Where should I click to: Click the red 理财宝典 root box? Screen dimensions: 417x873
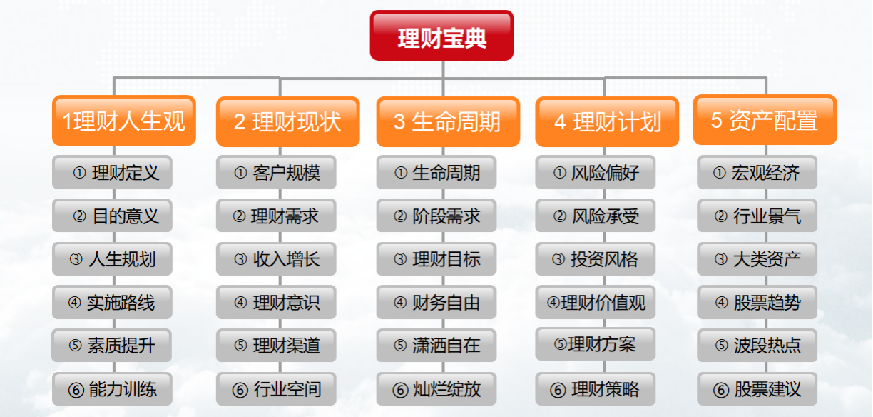tap(441, 36)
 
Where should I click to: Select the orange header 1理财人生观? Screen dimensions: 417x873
tap(123, 121)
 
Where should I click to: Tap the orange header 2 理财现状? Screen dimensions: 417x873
tap(287, 121)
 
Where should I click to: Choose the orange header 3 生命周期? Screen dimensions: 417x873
tap(448, 121)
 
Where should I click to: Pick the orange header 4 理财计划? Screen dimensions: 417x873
tap(607, 121)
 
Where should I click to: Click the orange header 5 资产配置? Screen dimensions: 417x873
tap(765, 120)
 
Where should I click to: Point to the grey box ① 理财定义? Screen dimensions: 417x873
tap(112, 172)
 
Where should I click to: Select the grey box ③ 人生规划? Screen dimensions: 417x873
tap(112, 259)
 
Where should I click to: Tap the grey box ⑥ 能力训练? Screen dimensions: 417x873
tap(112, 389)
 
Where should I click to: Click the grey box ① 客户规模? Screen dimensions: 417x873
tap(276, 172)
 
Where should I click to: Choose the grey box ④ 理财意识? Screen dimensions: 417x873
tap(276, 303)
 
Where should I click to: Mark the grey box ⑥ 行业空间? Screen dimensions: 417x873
tap(276, 389)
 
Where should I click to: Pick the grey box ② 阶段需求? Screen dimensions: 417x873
tap(436, 216)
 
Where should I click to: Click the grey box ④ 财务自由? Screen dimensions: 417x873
tap(436, 303)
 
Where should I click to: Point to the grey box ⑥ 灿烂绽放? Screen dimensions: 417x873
tap(436, 389)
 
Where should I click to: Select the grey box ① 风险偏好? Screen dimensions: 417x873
tap(596, 172)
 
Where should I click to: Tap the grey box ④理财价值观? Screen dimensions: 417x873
tap(596, 303)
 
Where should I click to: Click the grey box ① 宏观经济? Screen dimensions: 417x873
tap(757, 172)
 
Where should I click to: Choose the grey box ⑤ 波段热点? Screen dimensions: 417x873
tap(757, 346)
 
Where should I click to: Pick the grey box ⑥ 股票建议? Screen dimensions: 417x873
tap(757, 389)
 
